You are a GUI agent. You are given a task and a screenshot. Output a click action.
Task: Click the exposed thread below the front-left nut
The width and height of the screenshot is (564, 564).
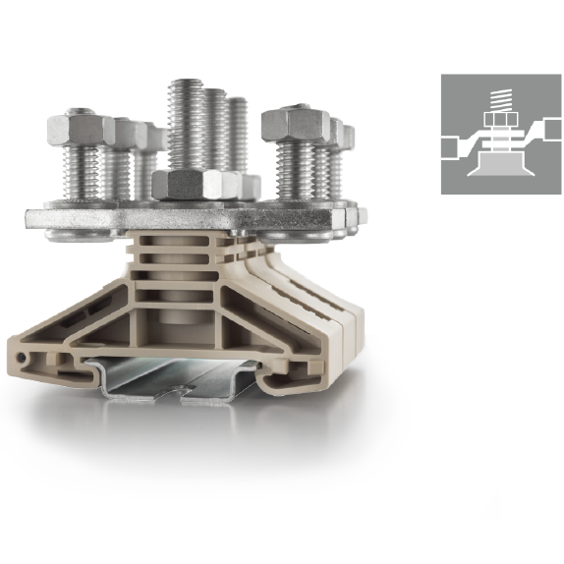84,172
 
